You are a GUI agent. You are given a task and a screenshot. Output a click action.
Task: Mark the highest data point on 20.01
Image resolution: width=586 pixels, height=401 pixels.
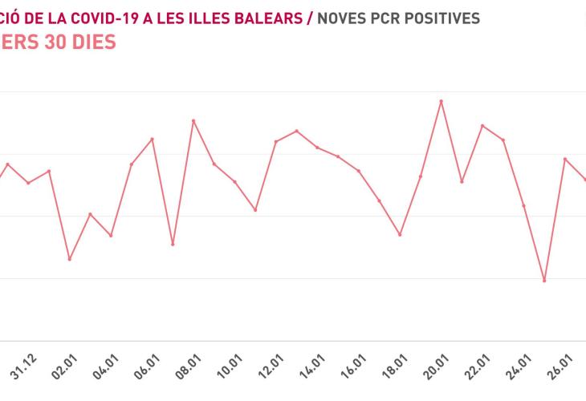(441, 101)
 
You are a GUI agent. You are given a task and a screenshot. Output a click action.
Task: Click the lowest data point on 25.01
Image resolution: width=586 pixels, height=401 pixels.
(544, 281)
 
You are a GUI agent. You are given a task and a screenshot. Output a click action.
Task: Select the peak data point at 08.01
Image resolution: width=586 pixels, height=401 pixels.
(193, 120)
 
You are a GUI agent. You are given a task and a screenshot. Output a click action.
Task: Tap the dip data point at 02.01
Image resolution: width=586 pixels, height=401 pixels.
(70, 260)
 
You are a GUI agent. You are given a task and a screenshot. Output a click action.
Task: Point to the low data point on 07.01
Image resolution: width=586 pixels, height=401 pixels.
(173, 244)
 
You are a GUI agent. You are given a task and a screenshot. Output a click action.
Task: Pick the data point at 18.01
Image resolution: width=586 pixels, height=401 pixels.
(400, 234)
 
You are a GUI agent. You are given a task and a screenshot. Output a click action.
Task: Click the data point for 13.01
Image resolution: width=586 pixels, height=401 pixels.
(297, 131)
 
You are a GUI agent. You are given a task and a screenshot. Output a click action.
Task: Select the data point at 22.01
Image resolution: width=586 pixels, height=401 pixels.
(482, 126)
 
